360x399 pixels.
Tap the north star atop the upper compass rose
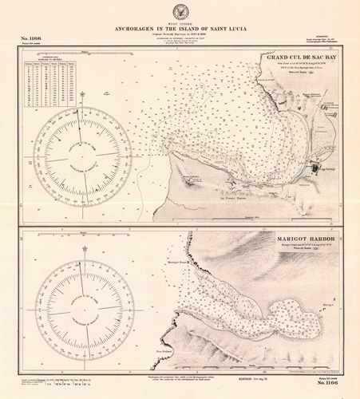point(85,96)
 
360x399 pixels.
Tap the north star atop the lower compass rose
point(85,250)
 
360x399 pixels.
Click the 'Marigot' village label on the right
point(329,304)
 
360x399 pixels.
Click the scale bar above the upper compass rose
point(85,56)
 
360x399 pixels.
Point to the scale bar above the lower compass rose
point(85,237)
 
